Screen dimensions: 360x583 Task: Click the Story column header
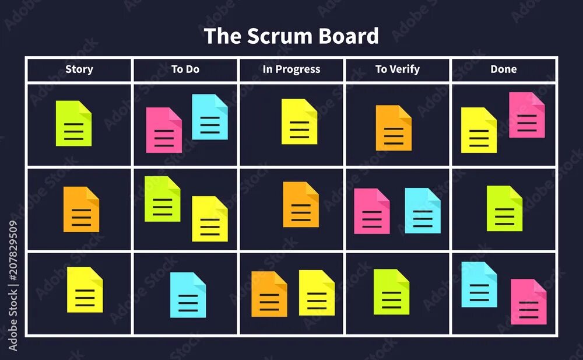[x=79, y=69]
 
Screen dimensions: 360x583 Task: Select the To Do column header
[x=185, y=69]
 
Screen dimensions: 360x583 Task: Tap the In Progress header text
[x=291, y=69]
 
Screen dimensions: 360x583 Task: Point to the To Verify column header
[x=398, y=69]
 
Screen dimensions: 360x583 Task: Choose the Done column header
[x=504, y=69]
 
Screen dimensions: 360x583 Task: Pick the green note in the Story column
[x=73, y=124]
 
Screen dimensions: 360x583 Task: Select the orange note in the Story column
[x=81, y=209]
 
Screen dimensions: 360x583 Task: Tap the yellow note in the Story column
[x=85, y=290]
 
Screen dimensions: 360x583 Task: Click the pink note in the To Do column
[x=163, y=130]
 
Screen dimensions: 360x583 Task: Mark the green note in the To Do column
[x=162, y=199]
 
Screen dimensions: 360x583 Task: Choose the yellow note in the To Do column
[x=210, y=219]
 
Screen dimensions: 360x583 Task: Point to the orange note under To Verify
[x=394, y=128]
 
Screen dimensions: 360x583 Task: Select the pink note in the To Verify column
[x=372, y=211]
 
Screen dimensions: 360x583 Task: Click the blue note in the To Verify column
[x=423, y=211]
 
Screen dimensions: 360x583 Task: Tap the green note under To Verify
[x=391, y=292]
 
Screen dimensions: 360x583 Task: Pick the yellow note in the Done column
[x=479, y=130]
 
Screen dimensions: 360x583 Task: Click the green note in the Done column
[x=504, y=208]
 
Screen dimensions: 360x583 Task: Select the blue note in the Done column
[x=479, y=285]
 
